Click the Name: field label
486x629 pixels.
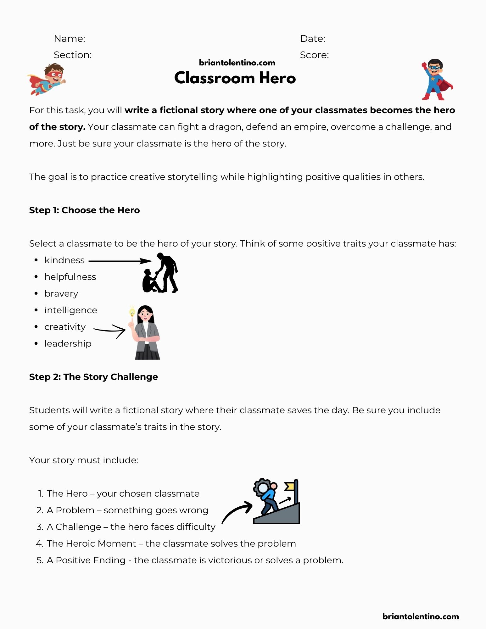70,39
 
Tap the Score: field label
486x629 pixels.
314,55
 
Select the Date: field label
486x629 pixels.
313,39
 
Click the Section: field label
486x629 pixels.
73,55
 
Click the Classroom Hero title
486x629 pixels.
235,78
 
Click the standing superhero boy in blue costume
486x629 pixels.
436,80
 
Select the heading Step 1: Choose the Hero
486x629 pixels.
84,210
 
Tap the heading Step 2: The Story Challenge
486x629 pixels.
93,377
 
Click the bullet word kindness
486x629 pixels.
64,260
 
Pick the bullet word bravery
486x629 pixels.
61,294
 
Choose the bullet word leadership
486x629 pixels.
68,344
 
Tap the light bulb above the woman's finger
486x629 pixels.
132,312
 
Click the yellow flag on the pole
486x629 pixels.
289,487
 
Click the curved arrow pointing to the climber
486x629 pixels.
237,512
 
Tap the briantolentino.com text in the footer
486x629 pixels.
421,616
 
